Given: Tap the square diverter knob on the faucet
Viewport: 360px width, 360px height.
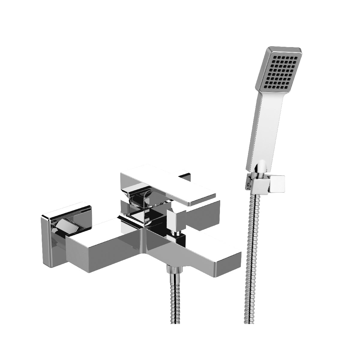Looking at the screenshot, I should [176, 219].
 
